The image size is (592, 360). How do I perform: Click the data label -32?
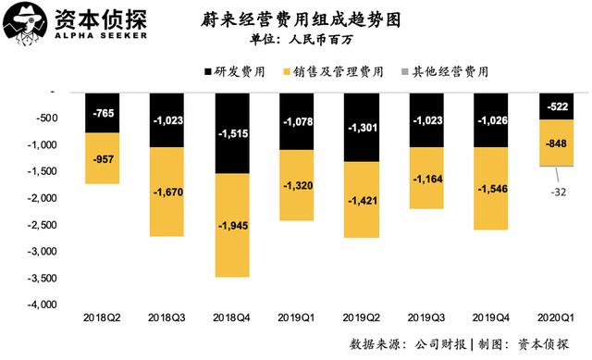pos(558,192)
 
